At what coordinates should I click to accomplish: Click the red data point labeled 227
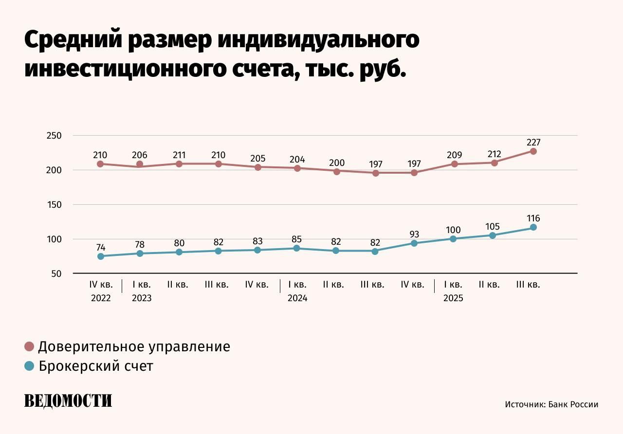coord(533,151)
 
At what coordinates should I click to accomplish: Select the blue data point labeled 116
coord(533,227)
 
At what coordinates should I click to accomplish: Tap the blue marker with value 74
coord(101,256)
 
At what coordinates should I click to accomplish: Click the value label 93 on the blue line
coord(414,235)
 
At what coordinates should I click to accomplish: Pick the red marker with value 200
coord(337,171)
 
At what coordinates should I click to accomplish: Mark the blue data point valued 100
coord(453,239)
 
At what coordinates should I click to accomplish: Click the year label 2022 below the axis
coord(101,298)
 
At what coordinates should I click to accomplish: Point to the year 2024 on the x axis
coord(297,298)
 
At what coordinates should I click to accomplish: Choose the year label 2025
coord(453,298)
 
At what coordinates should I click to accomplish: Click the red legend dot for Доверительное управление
coord(29,347)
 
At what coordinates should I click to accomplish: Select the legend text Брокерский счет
coord(95,366)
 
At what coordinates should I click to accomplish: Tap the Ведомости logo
coord(68,400)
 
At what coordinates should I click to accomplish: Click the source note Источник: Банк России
coord(551,404)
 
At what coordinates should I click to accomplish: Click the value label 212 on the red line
coord(494,154)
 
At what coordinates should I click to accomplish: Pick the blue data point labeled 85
coord(297,248)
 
